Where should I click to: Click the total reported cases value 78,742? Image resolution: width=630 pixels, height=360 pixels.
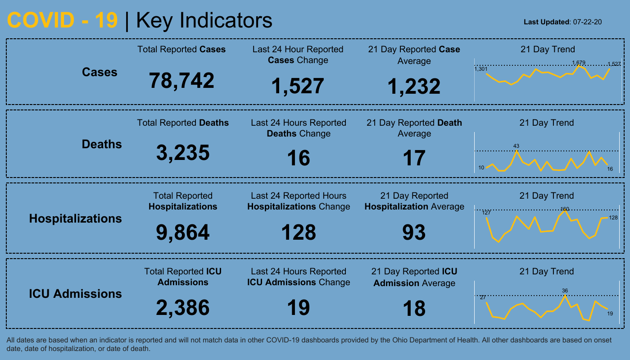tap(182, 81)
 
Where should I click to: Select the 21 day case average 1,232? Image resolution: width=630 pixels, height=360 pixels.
tap(414, 87)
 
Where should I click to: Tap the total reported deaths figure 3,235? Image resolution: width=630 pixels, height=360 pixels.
tap(183, 153)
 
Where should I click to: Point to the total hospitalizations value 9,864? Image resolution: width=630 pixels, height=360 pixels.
tap(183, 232)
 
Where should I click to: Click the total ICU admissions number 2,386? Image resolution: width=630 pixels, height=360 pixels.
tap(183, 308)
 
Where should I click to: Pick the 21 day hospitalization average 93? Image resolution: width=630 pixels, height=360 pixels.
tap(414, 232)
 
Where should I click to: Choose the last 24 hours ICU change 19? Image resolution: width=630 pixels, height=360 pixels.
tap(299, 308)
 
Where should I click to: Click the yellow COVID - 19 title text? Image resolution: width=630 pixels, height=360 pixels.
tap(63, 21)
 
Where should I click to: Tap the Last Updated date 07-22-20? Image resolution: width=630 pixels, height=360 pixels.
tap(588, 22)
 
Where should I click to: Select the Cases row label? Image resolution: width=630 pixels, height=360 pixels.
tap(100, 72)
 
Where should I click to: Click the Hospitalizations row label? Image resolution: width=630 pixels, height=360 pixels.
tap(76, 219)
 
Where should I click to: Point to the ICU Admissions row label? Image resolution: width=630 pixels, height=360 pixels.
tap(76, 294)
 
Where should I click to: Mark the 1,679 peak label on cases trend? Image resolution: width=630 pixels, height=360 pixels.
tap(579, 63)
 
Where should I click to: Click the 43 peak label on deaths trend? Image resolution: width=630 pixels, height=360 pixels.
tap(517, 146)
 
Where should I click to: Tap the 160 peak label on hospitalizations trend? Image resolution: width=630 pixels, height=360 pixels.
tap(565, 209)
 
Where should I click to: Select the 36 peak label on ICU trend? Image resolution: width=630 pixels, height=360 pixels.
tap(565, 291)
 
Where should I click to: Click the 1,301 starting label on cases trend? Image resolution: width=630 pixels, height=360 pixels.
tap(480, 69)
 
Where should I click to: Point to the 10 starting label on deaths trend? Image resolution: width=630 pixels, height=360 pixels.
tap(481, 168)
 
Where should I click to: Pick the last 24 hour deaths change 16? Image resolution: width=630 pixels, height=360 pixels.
tap(299, 158)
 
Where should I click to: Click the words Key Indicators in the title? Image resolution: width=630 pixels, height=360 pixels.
tap(204, 21)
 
